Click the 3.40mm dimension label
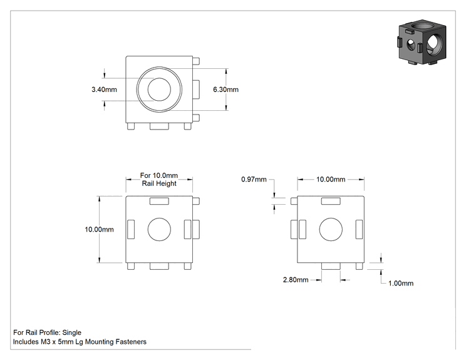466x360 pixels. [x=104, y=90]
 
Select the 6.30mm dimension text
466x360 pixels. [x=225, y=90]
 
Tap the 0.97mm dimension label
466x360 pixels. [x=254, y=179]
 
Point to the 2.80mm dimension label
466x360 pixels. [x=296, y=280]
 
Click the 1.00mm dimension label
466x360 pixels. [x=401, y=283]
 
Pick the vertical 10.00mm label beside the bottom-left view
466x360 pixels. [x=99, y=229]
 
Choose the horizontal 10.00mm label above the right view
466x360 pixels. [x=331, y=179]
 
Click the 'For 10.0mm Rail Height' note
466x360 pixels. [x=159, y=180]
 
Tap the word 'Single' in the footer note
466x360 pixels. [x=71, y=332]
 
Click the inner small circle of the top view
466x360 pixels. [x=159, y=90]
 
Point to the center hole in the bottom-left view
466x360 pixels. [x=159, y=229]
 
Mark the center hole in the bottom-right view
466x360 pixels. [x=331, y=229]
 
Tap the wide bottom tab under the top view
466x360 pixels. [x=159, y=126]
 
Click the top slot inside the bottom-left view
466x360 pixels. [x=159, y=201]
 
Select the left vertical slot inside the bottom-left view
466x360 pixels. [x=131, y=229]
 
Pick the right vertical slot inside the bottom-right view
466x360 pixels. [x=359, y=229]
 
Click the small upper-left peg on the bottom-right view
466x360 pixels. [x=294, y=201]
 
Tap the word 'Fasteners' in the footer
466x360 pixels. [x=131, y=342]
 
